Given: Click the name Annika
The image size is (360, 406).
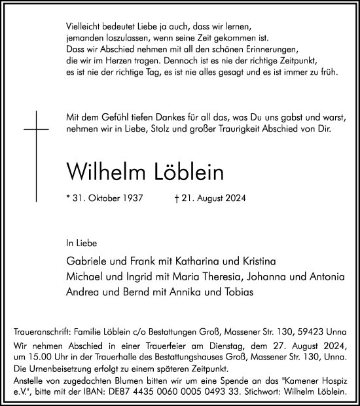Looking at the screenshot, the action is point(192,291).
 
